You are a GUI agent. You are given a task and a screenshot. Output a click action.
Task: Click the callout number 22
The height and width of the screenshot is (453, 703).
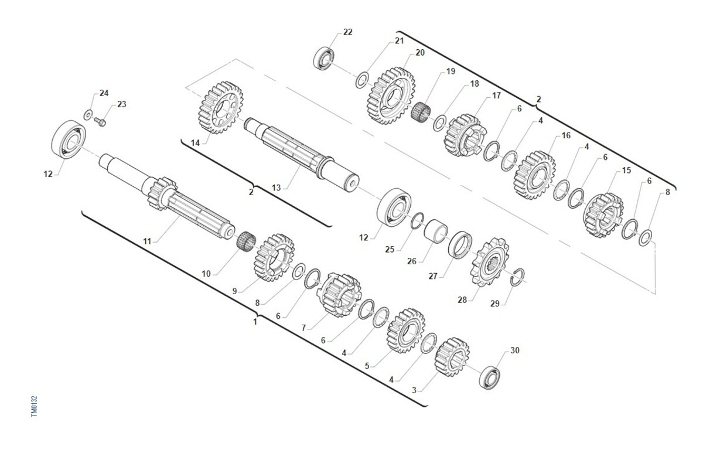click(348, 32)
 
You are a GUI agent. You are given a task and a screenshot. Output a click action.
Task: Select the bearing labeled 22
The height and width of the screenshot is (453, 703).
click(323, 59)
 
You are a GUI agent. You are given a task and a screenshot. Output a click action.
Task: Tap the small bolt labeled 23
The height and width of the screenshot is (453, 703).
click(100, 121)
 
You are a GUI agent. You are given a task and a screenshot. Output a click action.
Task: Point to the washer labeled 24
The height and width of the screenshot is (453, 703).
click(88, 115)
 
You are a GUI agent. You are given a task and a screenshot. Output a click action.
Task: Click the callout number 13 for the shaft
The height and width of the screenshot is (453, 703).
click(276, 188)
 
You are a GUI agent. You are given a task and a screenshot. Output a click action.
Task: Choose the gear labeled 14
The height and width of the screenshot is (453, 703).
click(221, 107)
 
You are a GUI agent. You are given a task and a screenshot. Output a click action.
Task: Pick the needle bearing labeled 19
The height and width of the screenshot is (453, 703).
click(421, 113)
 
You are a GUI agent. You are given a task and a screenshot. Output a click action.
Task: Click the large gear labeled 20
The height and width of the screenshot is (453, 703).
click(391, 96)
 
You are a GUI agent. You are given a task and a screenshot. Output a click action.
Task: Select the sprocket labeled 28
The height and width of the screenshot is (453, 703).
click(490, 262)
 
